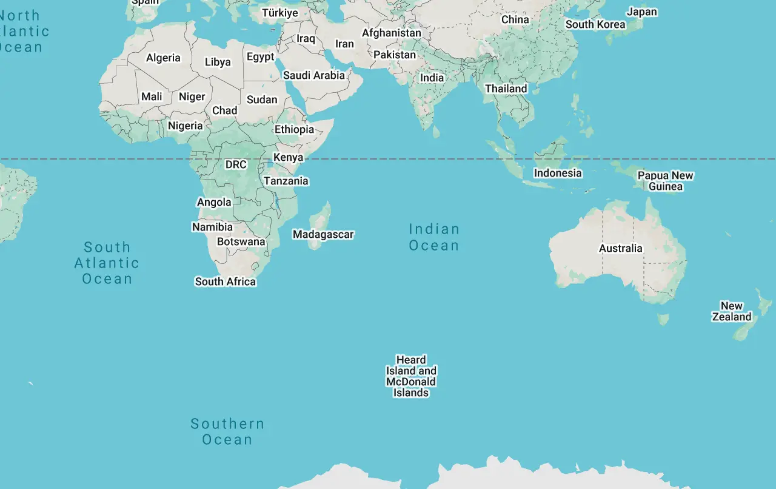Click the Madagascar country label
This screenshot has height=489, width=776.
(x=323, y=234)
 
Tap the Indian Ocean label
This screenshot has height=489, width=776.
(x=433, y=237)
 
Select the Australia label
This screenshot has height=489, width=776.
(x=620, y=248)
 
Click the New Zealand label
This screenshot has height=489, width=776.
(x=731, y=311)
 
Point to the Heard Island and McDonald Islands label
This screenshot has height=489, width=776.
(x=411, y=376)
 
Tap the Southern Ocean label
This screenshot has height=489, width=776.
(x=227, y=431)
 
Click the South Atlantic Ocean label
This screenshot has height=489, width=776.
(x=107, y=263)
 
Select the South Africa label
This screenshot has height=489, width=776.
(x=226, y=282)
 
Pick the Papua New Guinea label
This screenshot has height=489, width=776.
(x=665, y=181)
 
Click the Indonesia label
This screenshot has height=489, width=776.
(x=558, y=173)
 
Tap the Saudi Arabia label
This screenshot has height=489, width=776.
(x=314, y=75)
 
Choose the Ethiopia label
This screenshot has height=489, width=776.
(x=294, y=129)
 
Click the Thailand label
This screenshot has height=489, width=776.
(x=506, y=89)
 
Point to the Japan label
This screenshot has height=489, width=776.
(x=641, y=12)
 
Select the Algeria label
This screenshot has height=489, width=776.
(x=163, y=58)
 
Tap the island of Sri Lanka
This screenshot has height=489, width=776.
(x=436, y=131)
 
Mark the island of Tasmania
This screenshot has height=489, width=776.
(x=663, y=319)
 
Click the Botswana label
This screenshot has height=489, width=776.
(x=241, y=241)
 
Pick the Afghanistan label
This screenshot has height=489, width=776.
(x=392, y=33)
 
